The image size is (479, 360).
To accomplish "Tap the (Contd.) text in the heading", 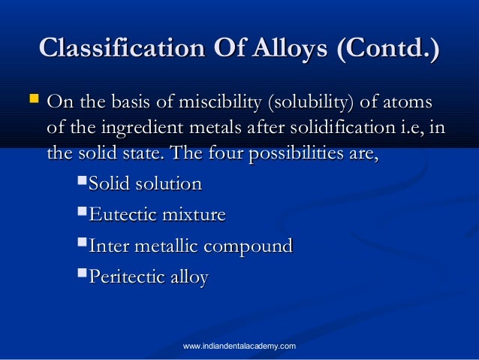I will pos(388,49).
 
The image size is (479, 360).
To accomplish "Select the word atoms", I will pos(408,101).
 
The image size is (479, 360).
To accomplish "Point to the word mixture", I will pos(191,215).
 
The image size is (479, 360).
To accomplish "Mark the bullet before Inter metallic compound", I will pos(83,244).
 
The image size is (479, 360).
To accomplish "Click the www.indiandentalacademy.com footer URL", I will pos(239,346).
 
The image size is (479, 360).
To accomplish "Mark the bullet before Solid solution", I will pos(83,183).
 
